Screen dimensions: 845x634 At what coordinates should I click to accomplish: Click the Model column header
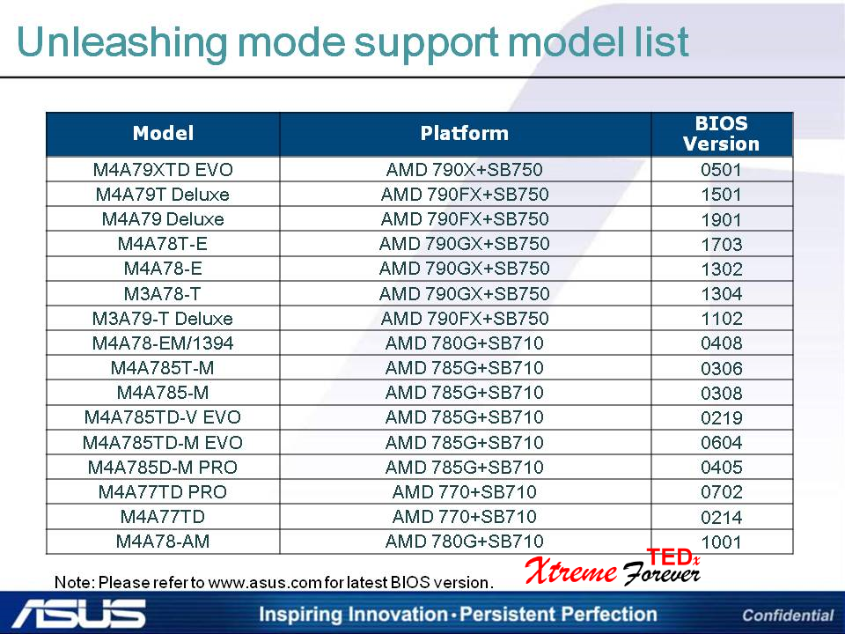(163, 133)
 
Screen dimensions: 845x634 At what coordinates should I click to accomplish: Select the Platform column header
(465, 133)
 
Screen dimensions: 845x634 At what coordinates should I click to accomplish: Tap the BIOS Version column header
(721, 134)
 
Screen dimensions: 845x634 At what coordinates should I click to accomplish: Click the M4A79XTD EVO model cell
(163, 170)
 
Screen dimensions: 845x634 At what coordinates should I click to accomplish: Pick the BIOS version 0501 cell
(721, 170)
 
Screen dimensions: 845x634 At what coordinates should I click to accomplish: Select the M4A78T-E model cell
(163, 244)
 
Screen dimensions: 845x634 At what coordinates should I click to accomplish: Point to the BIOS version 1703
(722, 244)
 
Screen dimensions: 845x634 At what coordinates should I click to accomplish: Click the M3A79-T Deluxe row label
(163, 318)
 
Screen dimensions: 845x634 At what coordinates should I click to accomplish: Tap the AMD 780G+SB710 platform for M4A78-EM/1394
(465, 343)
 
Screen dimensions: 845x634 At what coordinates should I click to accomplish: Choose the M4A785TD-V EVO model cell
(163, 417)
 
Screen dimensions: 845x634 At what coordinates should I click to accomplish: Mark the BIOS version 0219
(722, 417)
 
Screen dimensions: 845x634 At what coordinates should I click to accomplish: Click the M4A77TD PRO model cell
(163, 491)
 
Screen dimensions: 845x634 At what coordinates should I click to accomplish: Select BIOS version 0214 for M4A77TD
(722, 517)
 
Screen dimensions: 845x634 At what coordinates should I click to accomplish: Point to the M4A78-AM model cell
(163, 541)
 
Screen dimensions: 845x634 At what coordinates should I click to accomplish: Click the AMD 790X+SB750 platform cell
(465, 170)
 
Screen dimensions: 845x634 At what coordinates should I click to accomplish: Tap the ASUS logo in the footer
(79, 614)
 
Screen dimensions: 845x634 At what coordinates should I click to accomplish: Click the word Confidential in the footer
(788, 616)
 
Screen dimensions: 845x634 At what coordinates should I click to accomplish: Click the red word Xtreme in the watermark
(571, 571)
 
